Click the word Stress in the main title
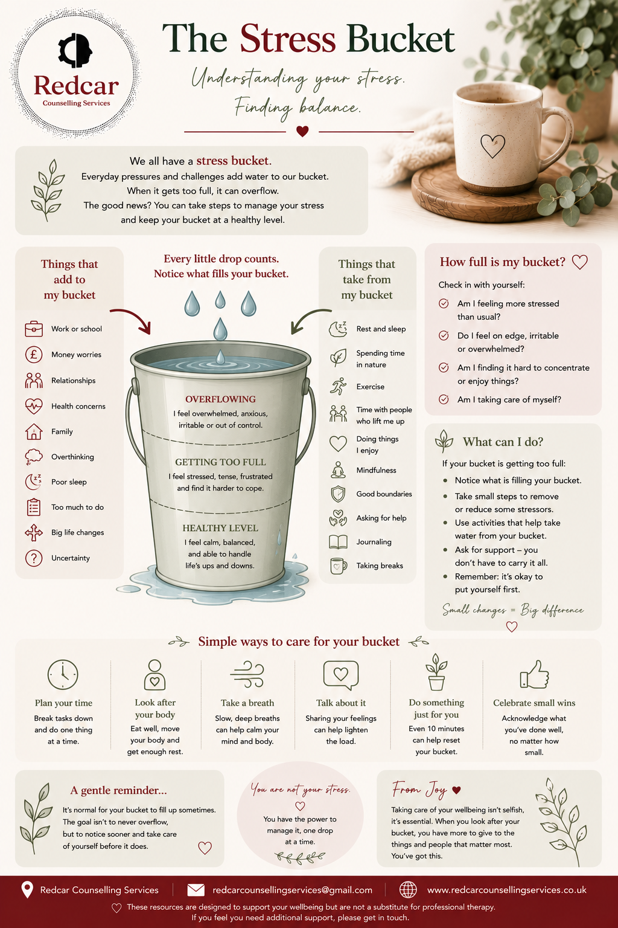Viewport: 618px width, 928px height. tap(288, 39)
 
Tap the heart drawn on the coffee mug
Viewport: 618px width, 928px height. tap(492, 146)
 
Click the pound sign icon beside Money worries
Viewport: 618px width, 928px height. tap(34, 355)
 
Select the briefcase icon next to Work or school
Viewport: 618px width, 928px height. tap(34, 329)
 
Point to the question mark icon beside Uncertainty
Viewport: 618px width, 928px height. tap(34, 558)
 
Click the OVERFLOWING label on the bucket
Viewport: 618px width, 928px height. tap(220, 399)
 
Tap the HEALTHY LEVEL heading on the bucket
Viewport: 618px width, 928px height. tap(220, 528)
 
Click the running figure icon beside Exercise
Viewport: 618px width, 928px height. tap(338, 386)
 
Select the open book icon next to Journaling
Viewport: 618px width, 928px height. tap(338, 542)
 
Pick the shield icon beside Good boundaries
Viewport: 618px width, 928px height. tap(338, 494)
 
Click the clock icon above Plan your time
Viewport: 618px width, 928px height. tap(63, 674)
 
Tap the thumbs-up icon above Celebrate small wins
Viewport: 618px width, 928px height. tap(534, 674)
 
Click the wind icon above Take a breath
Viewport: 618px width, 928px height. tap(247, 674)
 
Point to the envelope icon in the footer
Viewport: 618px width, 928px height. tap(196, 889)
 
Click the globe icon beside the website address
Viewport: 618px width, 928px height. tap(408, 889)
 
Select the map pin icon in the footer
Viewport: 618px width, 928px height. tap(27, 889)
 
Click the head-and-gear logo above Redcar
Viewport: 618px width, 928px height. tap(75, 50)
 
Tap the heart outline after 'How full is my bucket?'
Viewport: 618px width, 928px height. tap(579, 262)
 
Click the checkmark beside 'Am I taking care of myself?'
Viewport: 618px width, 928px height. tap(444, 399)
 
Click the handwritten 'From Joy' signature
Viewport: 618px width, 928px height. tap(419, 789)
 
